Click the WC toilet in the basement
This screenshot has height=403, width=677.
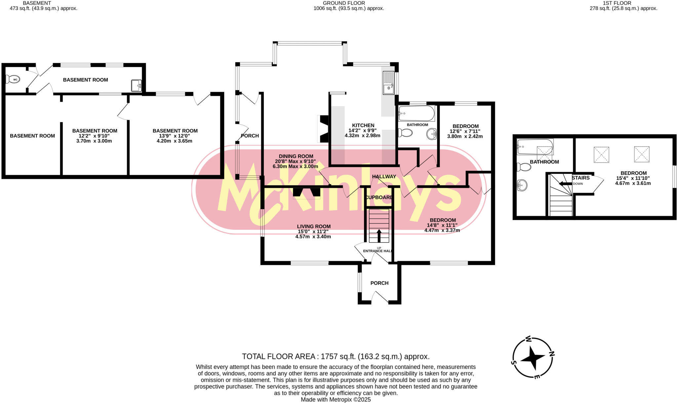pyautogui.click(x=13, y=79)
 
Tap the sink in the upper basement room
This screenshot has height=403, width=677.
pyautogui.click(x=136, y=85)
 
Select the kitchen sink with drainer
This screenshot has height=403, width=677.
pyautogui.click(x=388, y=83)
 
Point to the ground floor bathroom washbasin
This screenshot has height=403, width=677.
pyautogui.click(x=432, y=134)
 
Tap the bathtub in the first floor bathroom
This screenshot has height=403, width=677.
pyautogui.click(x=535, y=147)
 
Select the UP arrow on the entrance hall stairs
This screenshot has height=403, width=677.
pyautogui.click(x=379, y=236)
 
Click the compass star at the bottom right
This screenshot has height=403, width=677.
pyautogui.click(x=533, y=358)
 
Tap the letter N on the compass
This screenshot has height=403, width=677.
pyautogui.click(x=551, y=354)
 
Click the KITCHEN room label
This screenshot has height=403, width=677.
pyautogui.click(x=363, y=125)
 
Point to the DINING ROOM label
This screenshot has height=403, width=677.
pyautogui.click(x=296, y=156)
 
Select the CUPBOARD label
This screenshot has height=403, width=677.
pyautogui.click(x=379, y=197)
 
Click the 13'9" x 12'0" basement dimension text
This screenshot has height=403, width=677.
pyautogui.click(x=175, y=136)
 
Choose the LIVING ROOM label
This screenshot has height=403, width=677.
pyautogui.click(x=313, y=226)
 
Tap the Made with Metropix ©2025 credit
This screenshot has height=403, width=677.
pyautogui.click(x=336, y=399)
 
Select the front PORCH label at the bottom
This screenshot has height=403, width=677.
pyautogui.click(x=379, y=283)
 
